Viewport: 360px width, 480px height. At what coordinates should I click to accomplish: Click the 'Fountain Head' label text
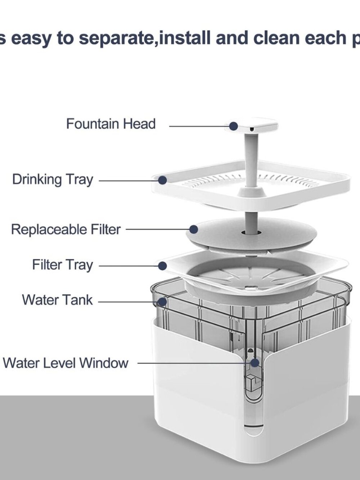tap(111, 124)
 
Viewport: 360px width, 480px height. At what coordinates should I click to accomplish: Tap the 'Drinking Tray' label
tap(53, 180)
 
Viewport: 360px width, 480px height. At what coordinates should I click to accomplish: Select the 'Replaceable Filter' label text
tap(66, 230)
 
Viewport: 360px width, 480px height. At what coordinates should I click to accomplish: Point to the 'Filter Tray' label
tap(63, 265)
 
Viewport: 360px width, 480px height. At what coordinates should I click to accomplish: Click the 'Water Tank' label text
tap(57, 300)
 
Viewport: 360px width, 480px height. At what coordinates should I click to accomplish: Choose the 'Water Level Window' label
tap(66, 363)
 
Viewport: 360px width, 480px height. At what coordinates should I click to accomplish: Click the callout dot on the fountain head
tap(234, 126)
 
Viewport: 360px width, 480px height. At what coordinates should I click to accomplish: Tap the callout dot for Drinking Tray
tap(162, 180)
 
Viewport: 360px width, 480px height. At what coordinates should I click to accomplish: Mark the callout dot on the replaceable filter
tap(194, 229)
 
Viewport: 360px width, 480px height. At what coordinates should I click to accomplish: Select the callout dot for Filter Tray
tap(162, 266)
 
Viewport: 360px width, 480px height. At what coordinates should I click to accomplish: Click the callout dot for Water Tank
tap(162, 302)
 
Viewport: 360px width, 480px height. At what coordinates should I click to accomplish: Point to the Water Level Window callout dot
tap(255, 363)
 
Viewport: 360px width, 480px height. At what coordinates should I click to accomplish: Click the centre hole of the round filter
tap(251, 232)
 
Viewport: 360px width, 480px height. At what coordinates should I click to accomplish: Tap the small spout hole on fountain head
tap(252, 130)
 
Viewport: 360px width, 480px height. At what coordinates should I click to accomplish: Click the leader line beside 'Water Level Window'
tap(194, 363)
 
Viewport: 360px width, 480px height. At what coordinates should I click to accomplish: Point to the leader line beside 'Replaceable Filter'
tap(158, 230)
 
